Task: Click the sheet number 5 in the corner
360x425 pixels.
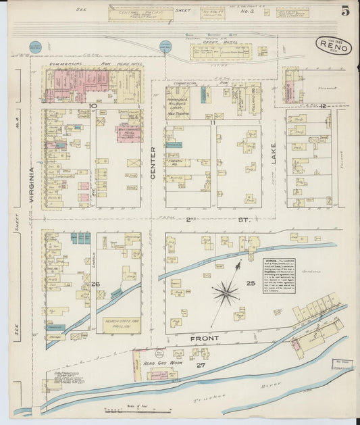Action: [345, 10]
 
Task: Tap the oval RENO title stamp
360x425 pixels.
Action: [334, 47]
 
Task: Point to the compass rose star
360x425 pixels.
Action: [225, 293]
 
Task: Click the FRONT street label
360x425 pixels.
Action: [204, 338]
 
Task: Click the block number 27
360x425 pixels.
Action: [200, 366]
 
